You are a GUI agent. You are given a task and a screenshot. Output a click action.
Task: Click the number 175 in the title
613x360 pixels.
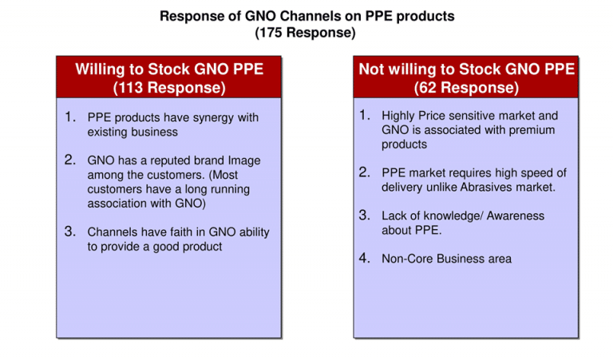click(270, 33)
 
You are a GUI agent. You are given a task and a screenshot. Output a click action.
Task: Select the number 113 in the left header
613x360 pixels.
click(131, 88)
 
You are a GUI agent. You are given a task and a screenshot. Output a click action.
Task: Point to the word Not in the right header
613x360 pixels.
click(371, 69)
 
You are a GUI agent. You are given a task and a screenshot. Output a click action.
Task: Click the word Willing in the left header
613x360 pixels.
click(100, 69)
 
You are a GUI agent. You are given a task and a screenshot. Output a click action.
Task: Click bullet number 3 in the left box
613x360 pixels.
click(70, 231)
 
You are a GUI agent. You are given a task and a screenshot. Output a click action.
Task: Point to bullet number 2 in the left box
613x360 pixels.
click(70, 160)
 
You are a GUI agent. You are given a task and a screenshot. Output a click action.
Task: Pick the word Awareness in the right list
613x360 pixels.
click(516, 216)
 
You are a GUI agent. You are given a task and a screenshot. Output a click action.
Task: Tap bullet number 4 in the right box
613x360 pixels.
click(364, 258)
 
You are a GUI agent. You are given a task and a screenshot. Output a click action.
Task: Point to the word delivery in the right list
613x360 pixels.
click(402, 188)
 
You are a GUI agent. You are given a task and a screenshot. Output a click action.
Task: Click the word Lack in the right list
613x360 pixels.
click(394, 216)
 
